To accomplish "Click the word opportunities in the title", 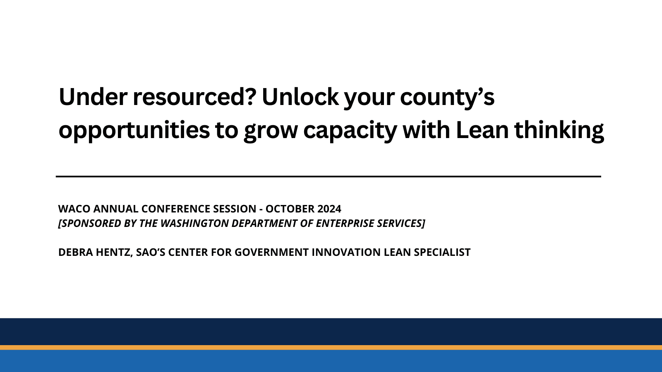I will coord(134,131).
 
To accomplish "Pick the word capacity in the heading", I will coord(350,131).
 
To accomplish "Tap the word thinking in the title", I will coord(559,131).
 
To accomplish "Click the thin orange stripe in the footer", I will coord(331,348).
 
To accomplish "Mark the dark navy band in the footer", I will coord(331,331).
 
